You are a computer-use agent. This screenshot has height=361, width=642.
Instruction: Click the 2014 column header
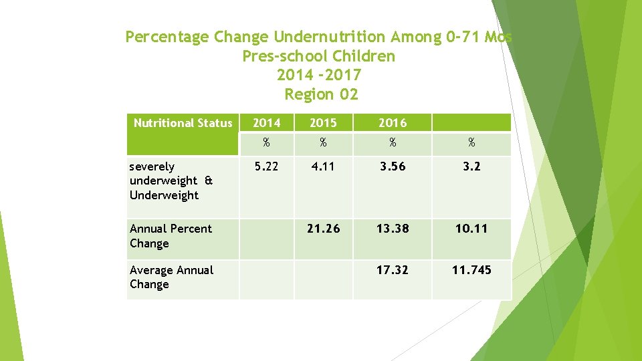click(266, 123)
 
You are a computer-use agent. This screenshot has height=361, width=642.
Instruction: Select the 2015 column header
click(322, 123)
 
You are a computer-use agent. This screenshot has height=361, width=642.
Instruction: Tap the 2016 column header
click(392, 123)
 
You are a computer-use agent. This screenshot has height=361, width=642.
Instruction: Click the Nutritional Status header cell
click(183, 123)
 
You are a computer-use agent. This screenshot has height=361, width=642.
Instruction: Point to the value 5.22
click(266, 166)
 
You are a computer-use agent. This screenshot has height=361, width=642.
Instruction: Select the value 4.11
click(322, 166)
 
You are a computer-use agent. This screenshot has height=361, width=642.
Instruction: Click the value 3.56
click(392, 166)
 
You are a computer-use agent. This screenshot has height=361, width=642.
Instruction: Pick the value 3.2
click(471, 166)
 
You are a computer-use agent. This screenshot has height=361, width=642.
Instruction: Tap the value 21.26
click(323, 229)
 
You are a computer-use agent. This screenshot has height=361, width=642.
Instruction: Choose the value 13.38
click(392, 229)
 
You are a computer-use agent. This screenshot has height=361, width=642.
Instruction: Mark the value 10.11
click(471, 229)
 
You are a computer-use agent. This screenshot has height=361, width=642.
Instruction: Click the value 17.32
click(392, 270)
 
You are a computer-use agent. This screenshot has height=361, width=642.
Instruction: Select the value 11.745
click(471, 270)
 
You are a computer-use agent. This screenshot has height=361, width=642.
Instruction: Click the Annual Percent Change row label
click(171, 236)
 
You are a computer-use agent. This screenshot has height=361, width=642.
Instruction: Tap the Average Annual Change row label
click(171, 277)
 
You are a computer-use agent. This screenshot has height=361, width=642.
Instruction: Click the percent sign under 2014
click(266, 142)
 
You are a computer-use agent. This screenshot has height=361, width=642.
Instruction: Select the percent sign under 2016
click(392, 142)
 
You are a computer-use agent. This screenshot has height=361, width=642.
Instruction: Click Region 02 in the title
click(321, 94)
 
